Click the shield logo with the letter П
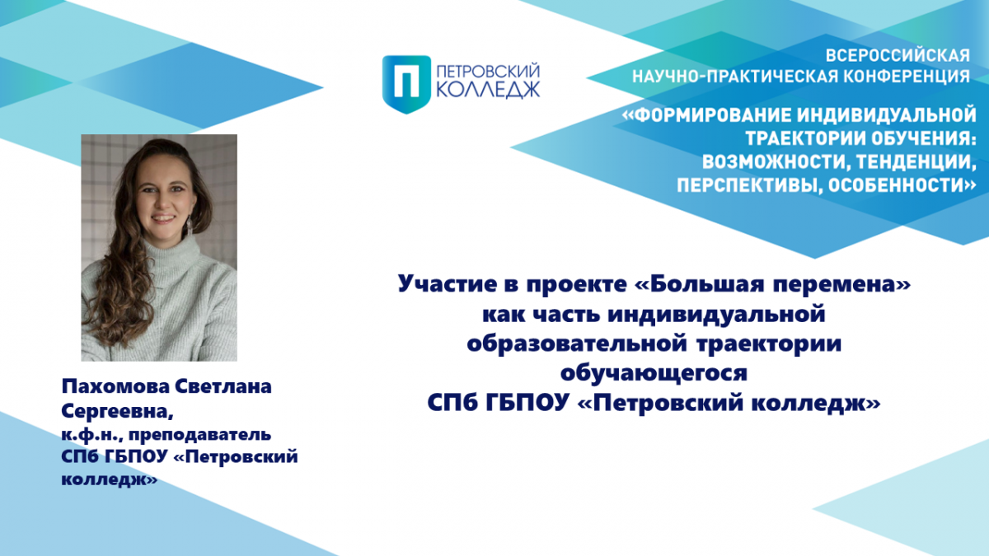tap(406, 84)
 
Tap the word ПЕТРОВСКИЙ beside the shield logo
tap(488, 71)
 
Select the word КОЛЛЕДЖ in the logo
tap(488, 90)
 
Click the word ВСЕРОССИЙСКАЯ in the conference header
tap(898, 56)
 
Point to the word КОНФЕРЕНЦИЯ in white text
tap(907, 77)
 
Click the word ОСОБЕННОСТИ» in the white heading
tap(902, 185)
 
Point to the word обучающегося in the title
tap(654, 374)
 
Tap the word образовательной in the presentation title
tap(577, 343)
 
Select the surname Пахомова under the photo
tap(115, 386)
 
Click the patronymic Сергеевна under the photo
tap(117, 411)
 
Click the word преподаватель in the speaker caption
tap(199, 436)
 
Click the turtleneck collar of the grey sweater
tap(170, 250)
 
